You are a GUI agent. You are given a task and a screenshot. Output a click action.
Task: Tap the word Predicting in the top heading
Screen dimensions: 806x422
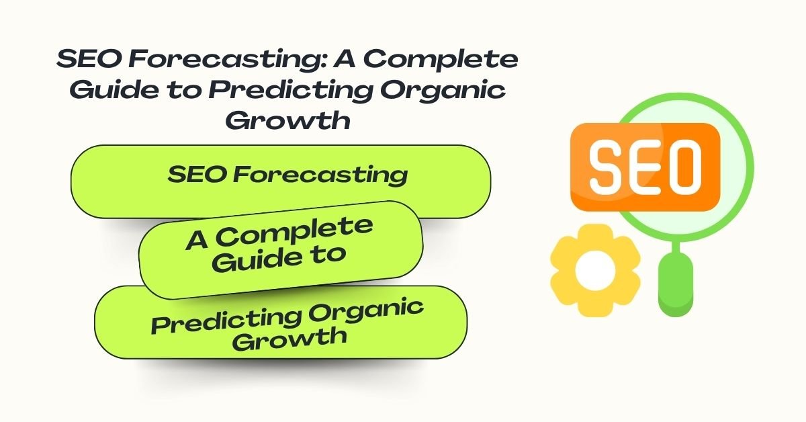(x=291, y=90)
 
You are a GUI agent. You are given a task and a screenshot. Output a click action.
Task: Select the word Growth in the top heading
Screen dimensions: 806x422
(x=288, y=120)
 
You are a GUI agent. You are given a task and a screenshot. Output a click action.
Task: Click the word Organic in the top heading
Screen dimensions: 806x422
(x=443, y=90)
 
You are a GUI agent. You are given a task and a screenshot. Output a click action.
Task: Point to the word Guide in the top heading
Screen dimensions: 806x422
(x=114, y=89)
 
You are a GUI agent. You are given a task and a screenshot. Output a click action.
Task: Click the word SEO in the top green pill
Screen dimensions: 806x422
(x=197, y=174)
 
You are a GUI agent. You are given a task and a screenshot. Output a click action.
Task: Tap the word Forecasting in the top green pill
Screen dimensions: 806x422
(x=320, y=175)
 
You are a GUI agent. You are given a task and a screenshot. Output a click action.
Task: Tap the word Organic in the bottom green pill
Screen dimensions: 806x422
(x=366, y=310)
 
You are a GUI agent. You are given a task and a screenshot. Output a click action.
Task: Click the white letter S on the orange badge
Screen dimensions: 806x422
(x=609, y=167)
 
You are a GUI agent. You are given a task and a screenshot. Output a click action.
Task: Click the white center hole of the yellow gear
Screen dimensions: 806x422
(x=595, y=270)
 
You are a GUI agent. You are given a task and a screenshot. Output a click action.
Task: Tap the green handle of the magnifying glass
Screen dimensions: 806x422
(x=676, y=284)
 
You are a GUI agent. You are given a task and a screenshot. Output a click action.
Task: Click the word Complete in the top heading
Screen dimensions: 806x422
(x=441, y=59)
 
